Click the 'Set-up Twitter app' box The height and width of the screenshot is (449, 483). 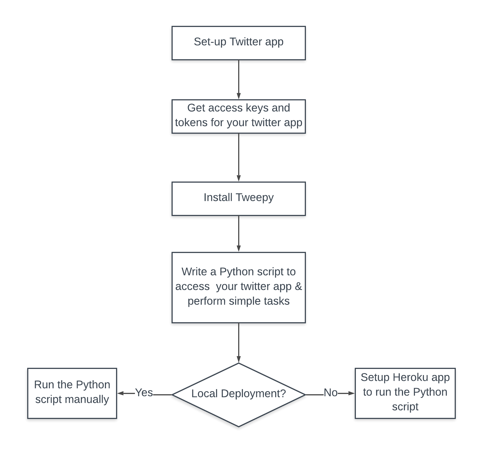tap(238, 43)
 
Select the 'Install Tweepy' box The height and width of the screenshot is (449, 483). tap(238, 199)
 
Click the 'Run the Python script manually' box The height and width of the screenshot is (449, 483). tap(72, 393)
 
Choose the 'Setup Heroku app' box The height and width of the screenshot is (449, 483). tap(405, 393)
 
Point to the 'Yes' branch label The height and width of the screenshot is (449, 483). tap(144, 393)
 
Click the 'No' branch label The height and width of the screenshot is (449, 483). tap(330, 393)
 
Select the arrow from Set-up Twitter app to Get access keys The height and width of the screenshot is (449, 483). tap(238, 79)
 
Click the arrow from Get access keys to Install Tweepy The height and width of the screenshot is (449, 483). tap(238, 157)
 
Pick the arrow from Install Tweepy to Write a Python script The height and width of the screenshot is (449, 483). tap(238, 234)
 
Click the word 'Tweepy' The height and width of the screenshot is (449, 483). tap(255, 198)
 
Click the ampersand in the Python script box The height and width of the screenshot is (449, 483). tap(298, 286)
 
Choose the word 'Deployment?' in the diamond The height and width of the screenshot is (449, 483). tap(253, 394)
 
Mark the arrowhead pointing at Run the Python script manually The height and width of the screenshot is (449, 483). tap(120, 393)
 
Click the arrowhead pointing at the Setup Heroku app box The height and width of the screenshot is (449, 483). tap(351, 393)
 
